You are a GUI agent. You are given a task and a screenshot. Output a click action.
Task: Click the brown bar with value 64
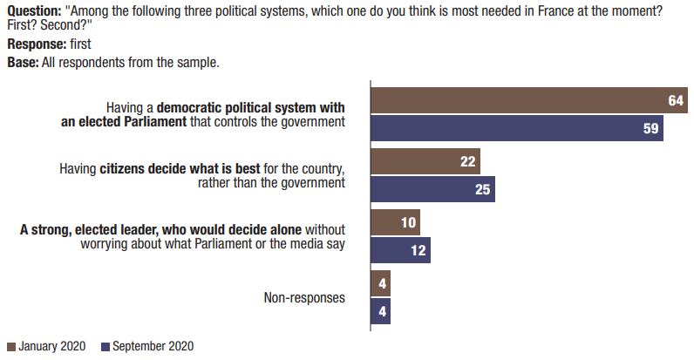click(x=523, y=101)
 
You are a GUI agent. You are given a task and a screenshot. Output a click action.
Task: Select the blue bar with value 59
click(x=514, y=128)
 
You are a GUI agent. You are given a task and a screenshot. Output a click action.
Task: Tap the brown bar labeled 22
click(x=425, y=161)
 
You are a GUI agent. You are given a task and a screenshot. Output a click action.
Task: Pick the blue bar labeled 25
click(x=432, y=189)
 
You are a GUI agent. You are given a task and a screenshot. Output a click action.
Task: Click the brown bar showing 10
click(x=395, y=222)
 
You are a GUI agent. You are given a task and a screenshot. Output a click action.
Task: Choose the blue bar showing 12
click(x=400, y=250)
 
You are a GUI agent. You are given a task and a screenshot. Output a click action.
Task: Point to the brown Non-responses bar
click(x=381, y=283)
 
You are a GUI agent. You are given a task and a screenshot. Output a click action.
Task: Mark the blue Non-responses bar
click(x=381, y=311)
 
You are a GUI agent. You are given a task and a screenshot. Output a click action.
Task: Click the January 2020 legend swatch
click(x=10, y=346)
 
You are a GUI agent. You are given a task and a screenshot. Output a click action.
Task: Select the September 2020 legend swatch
click(x=106, y=346)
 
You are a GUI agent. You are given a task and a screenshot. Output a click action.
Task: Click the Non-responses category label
click(x=304, y=298)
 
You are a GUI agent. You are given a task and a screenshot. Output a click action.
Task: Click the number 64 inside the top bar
click(x=676, y=101)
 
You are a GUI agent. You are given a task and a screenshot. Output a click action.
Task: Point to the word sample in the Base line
click(x=196, y=62)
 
